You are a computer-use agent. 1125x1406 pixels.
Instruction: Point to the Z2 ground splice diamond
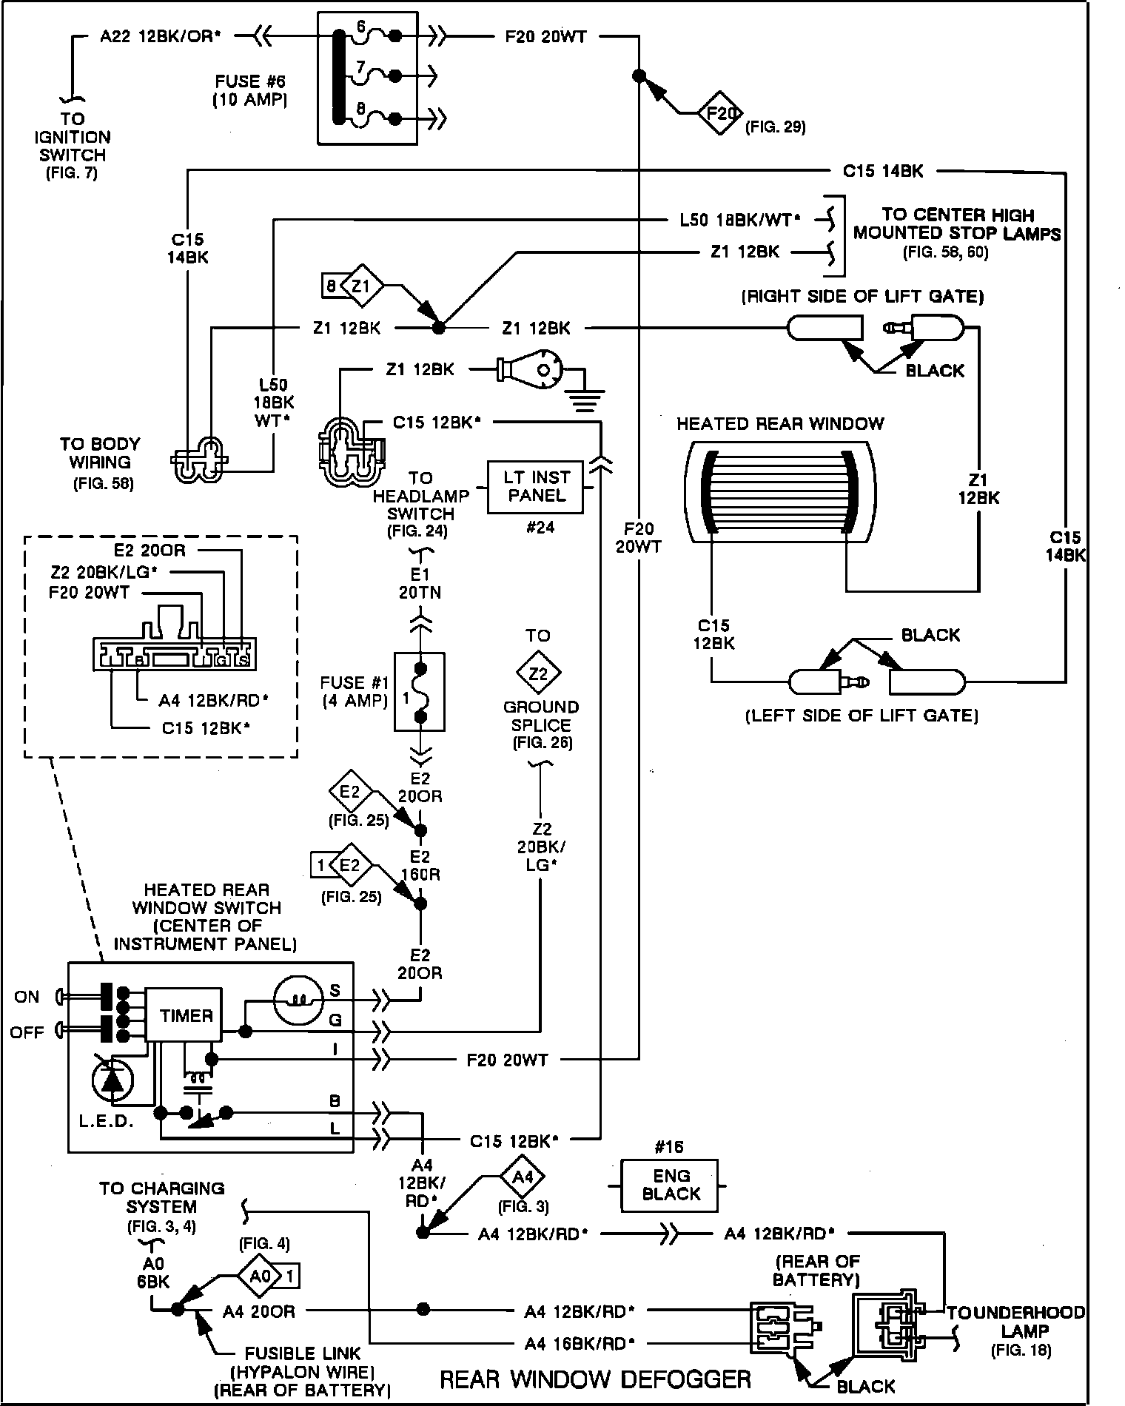(x=538, y=673)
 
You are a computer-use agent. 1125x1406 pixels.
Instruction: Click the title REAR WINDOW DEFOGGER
(x=595, y=1379)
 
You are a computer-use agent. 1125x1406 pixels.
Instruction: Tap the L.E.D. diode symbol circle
(x=113, y=1082)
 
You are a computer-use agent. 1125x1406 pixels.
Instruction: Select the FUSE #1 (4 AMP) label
(x=355, y=691)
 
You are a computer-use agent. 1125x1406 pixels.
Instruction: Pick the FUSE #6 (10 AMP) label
(x=251, y=90)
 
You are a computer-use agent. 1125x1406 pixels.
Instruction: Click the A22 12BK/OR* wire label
(x=161, y=36)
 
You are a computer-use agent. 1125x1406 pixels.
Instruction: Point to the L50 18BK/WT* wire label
(x=740, y=220)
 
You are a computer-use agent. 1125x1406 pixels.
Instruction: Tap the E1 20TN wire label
(x=420, y=583)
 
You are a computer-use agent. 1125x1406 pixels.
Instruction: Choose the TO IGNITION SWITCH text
(x=73, y=146)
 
